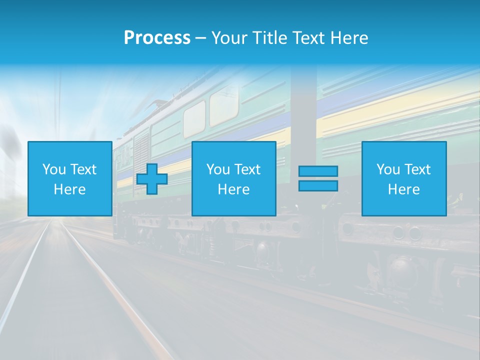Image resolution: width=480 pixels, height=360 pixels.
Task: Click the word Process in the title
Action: point(157,38)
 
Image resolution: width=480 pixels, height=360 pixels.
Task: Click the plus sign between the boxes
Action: point(152,179)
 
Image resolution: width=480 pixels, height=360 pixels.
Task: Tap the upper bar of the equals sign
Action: point(318,171)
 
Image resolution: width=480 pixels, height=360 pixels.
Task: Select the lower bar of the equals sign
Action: point(318,186)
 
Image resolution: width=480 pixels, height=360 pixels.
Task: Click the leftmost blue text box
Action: point(69,178)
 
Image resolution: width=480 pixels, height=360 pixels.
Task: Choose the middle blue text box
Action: point(233,178)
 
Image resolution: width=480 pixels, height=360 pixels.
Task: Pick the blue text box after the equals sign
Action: point(403,178)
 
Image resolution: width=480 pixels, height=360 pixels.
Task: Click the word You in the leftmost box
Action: point(54,169)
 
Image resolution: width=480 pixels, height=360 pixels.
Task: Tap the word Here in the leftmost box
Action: point(69,189)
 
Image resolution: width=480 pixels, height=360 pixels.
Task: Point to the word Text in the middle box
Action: point(246,169)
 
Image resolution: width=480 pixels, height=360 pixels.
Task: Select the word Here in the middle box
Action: point(233,189)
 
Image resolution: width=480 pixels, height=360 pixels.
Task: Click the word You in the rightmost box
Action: point(388,169)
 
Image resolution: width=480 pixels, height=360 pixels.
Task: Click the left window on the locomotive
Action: point(194,119)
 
